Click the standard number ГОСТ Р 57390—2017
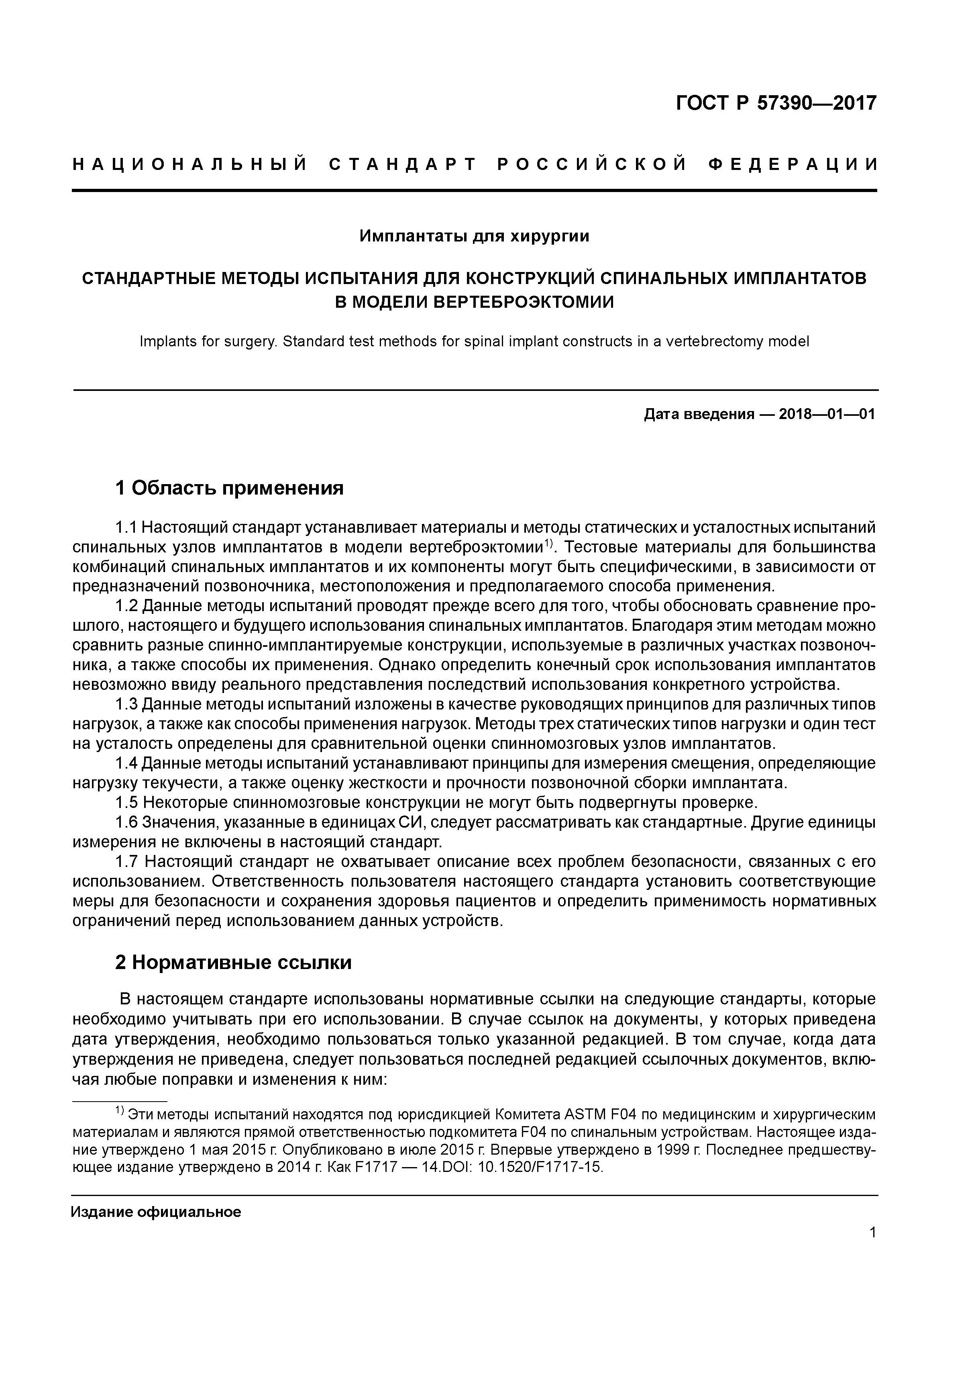tap(776, 104)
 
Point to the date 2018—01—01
tap(827, 414)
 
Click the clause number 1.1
tap(126, 528)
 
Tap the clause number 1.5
tap(127, 802)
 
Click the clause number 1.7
tap(127, 862)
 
